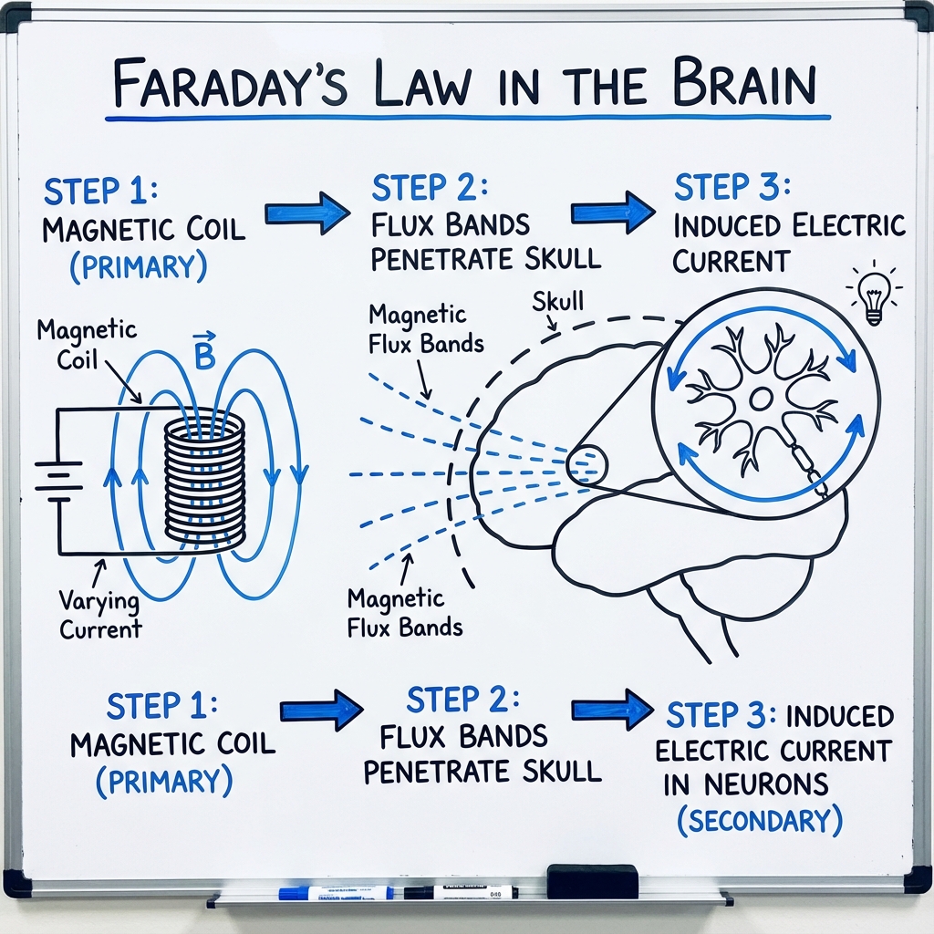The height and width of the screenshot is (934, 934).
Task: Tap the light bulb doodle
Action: click(874, 295)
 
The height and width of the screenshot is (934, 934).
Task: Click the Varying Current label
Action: click(99, 615)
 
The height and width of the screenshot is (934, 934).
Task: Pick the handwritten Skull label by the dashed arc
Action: click(558, 301)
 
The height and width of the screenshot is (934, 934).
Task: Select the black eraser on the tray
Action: click(592, 881)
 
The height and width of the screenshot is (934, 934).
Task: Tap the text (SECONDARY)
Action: click(759, 820)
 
